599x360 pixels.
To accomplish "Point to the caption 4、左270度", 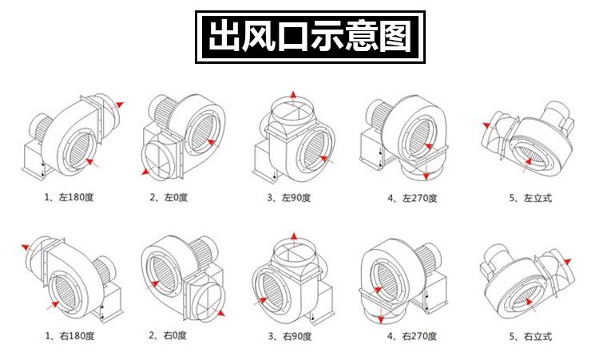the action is pos(411,198).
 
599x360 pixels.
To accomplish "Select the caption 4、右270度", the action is pos(411,335).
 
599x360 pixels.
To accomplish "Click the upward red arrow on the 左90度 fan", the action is pos(293,97).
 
